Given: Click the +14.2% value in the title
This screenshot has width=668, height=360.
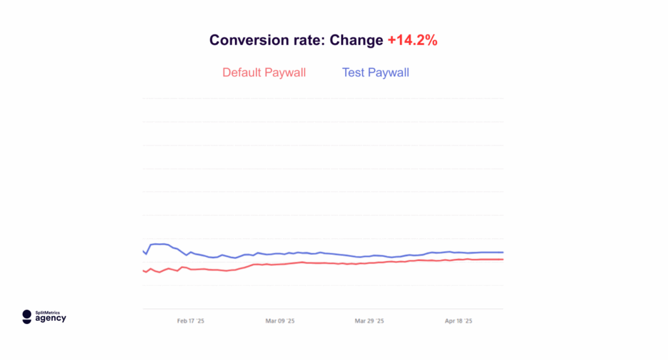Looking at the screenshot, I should pyautogui.click(x=412, y=40).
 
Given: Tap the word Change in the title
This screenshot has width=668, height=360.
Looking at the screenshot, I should pyautogui.click(x=356, y=40).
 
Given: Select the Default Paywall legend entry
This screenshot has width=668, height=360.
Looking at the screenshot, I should pyautogui.click(x=264, y=72).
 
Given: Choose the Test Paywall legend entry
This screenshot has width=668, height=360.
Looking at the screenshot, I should pyautogui.click(x=376, y=72).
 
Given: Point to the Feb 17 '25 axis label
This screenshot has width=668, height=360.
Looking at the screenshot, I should pyautogui.click(x=191, y=321).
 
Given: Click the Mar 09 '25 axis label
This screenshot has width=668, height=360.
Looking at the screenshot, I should pyautogui.click(x=281, y=321).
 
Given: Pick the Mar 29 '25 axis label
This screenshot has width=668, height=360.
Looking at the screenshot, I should pyautogui.click(x=369, y=321).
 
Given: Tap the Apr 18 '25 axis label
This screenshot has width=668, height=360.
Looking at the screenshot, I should pyautogui.click(x=458, y=321).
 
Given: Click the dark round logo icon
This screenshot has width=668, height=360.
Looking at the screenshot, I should pyautogui.click(x=27, y=316).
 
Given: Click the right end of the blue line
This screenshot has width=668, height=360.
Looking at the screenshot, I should pyautogui.click(x=502, y=252).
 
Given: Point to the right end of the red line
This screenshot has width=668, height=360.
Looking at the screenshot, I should pyautogui.click(x=502, y=260).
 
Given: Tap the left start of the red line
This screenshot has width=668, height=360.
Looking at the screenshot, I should pyautogui.click(x=143, y=270).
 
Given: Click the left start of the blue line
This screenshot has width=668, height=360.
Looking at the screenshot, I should pyautogui.click(x=143, y=250).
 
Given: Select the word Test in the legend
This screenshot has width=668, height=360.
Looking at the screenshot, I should pyautogui.click(x=353, y=72).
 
